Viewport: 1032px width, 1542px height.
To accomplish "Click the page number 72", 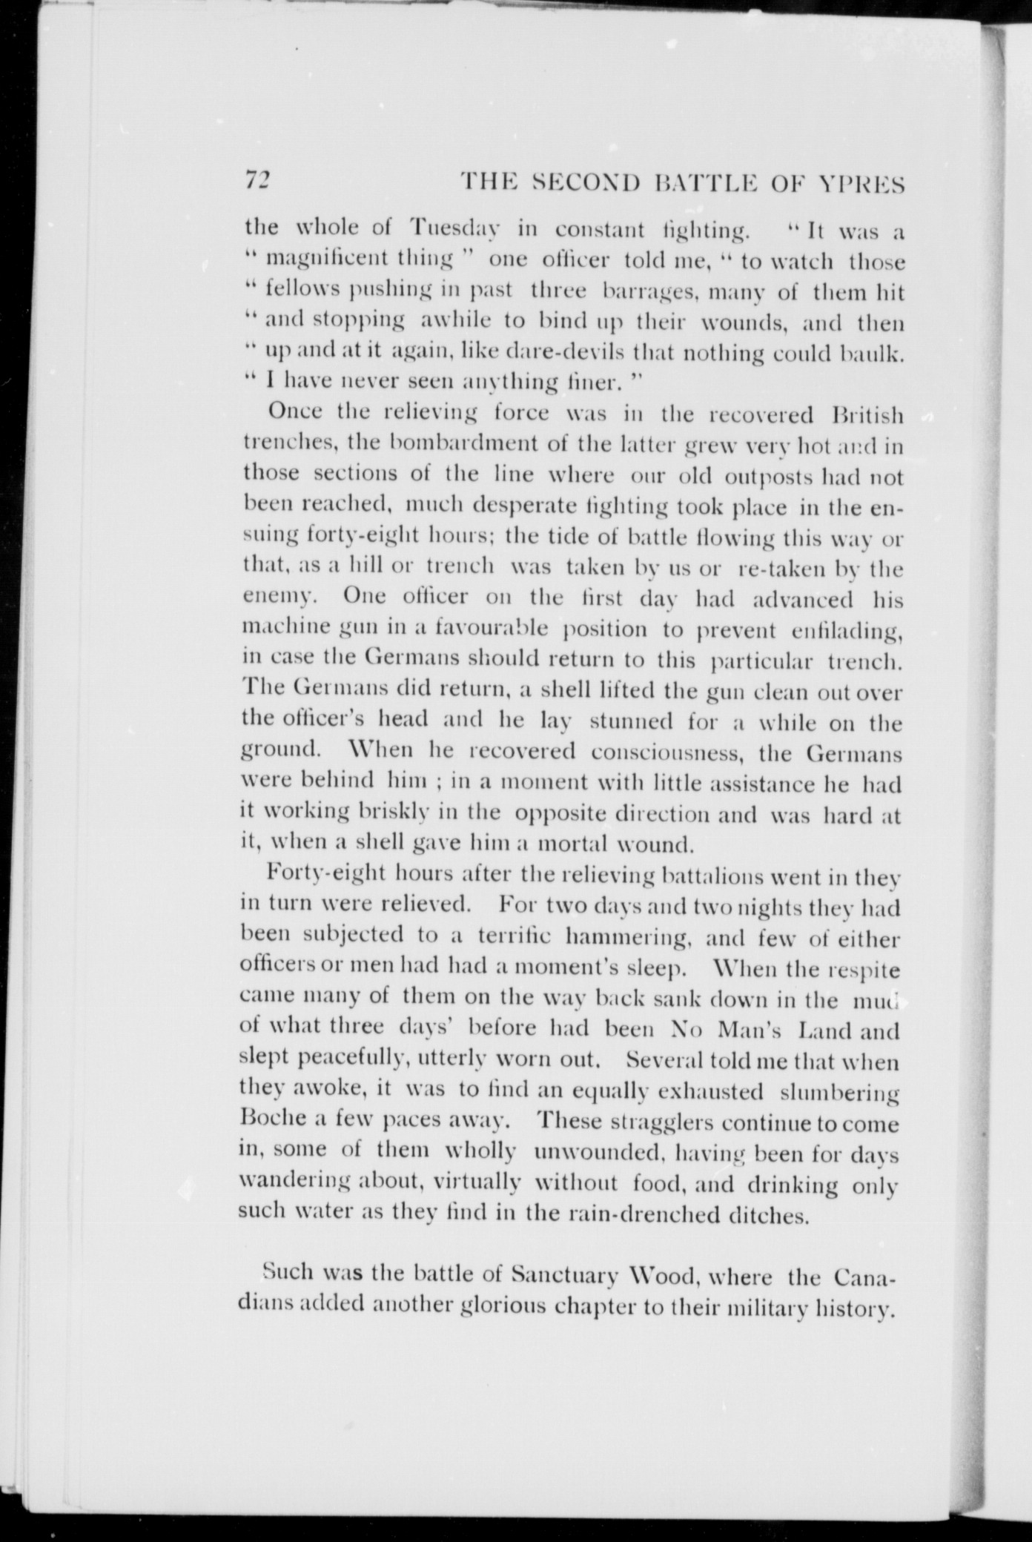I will pyautogui.click(x=259, y=181).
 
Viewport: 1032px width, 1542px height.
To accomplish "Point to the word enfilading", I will pyautogui.click(x=845, y=632).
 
